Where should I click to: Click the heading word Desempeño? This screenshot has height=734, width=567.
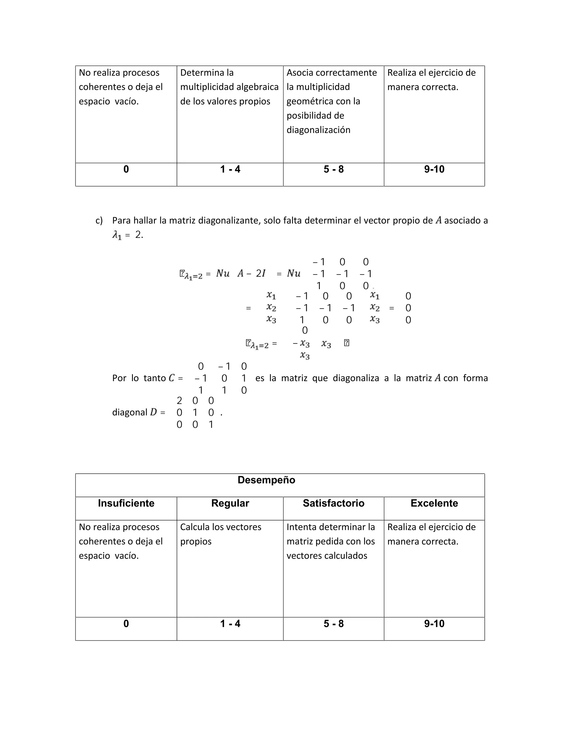pyautogui.click(x=266, y=480)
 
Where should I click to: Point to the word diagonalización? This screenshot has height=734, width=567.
pyautogui.click(x=318, y=130)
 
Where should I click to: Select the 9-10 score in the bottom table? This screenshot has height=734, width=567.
pyautogui.click(x=434, y=624)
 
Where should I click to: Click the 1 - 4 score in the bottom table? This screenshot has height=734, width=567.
pyautogui.click(x=230, y=624)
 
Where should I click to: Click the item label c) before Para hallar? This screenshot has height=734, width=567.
pyautogui.click(x=99, y=220)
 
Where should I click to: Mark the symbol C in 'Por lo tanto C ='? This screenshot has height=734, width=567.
pyautogui.click(x=172, y=378)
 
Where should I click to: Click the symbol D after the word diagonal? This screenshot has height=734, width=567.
pyautogui.click(x=153, y=412)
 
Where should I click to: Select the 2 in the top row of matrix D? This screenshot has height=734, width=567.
pyautogui.click(x=179, y=401)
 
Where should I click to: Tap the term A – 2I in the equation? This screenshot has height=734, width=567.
pyautogui.click(x=251, y=274)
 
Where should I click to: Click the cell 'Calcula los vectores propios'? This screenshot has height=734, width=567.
pyautogui.click(x=221, y=534)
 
